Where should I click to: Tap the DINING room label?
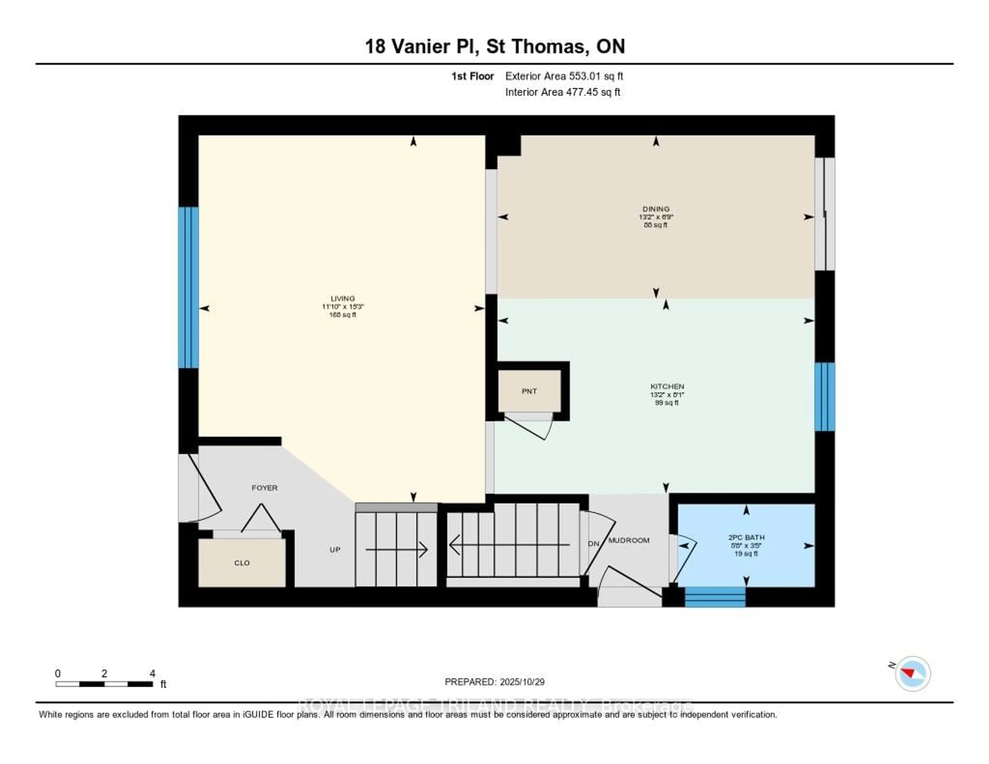tap(656, 209)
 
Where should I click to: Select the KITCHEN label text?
tap(667, 387)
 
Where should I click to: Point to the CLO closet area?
tap(242, 563)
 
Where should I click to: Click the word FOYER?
tap(265, 488)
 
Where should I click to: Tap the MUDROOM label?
tap(628, 540)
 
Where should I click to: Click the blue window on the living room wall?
tap(188, 287)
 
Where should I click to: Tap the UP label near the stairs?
tap(335, 550)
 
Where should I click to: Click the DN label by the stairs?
tap(593, 544)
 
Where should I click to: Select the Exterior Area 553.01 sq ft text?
tap(564, 76)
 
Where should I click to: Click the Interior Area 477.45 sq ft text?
tap(562, 92)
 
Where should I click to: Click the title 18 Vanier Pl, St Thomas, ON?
tap(494, 46)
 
